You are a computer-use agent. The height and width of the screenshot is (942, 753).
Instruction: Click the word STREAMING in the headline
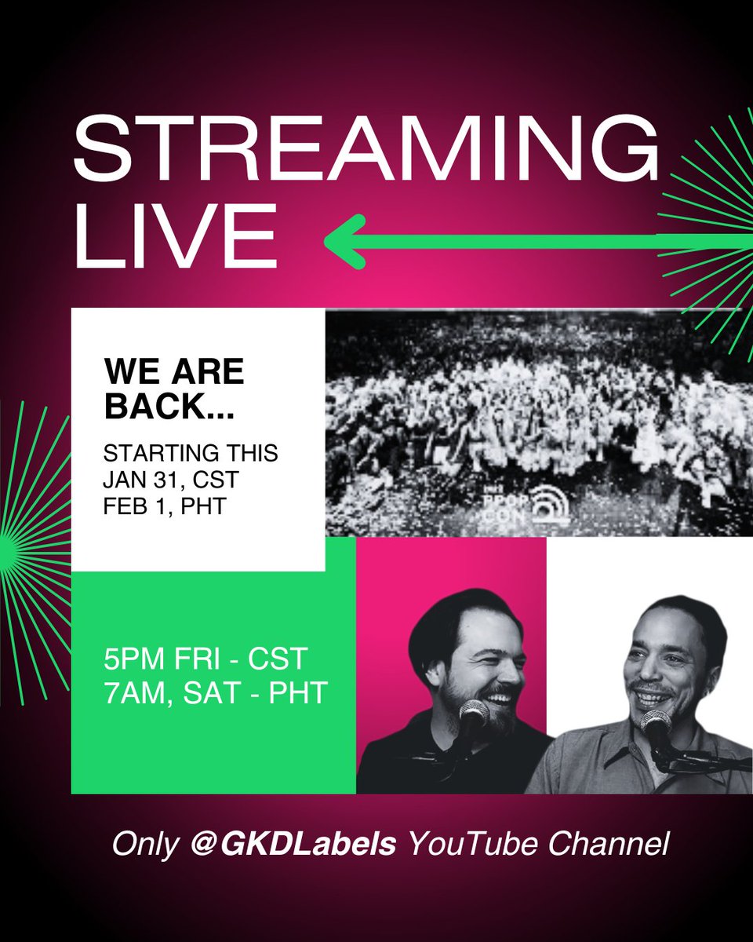coord(366,154)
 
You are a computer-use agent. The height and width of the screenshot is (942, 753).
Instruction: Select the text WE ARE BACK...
coord(174,388)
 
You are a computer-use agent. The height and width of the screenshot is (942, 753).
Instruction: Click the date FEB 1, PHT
coord(166,506)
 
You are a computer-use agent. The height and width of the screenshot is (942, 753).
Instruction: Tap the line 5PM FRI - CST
coord(196,658)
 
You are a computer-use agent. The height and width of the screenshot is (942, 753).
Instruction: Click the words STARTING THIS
coord(191,455)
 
